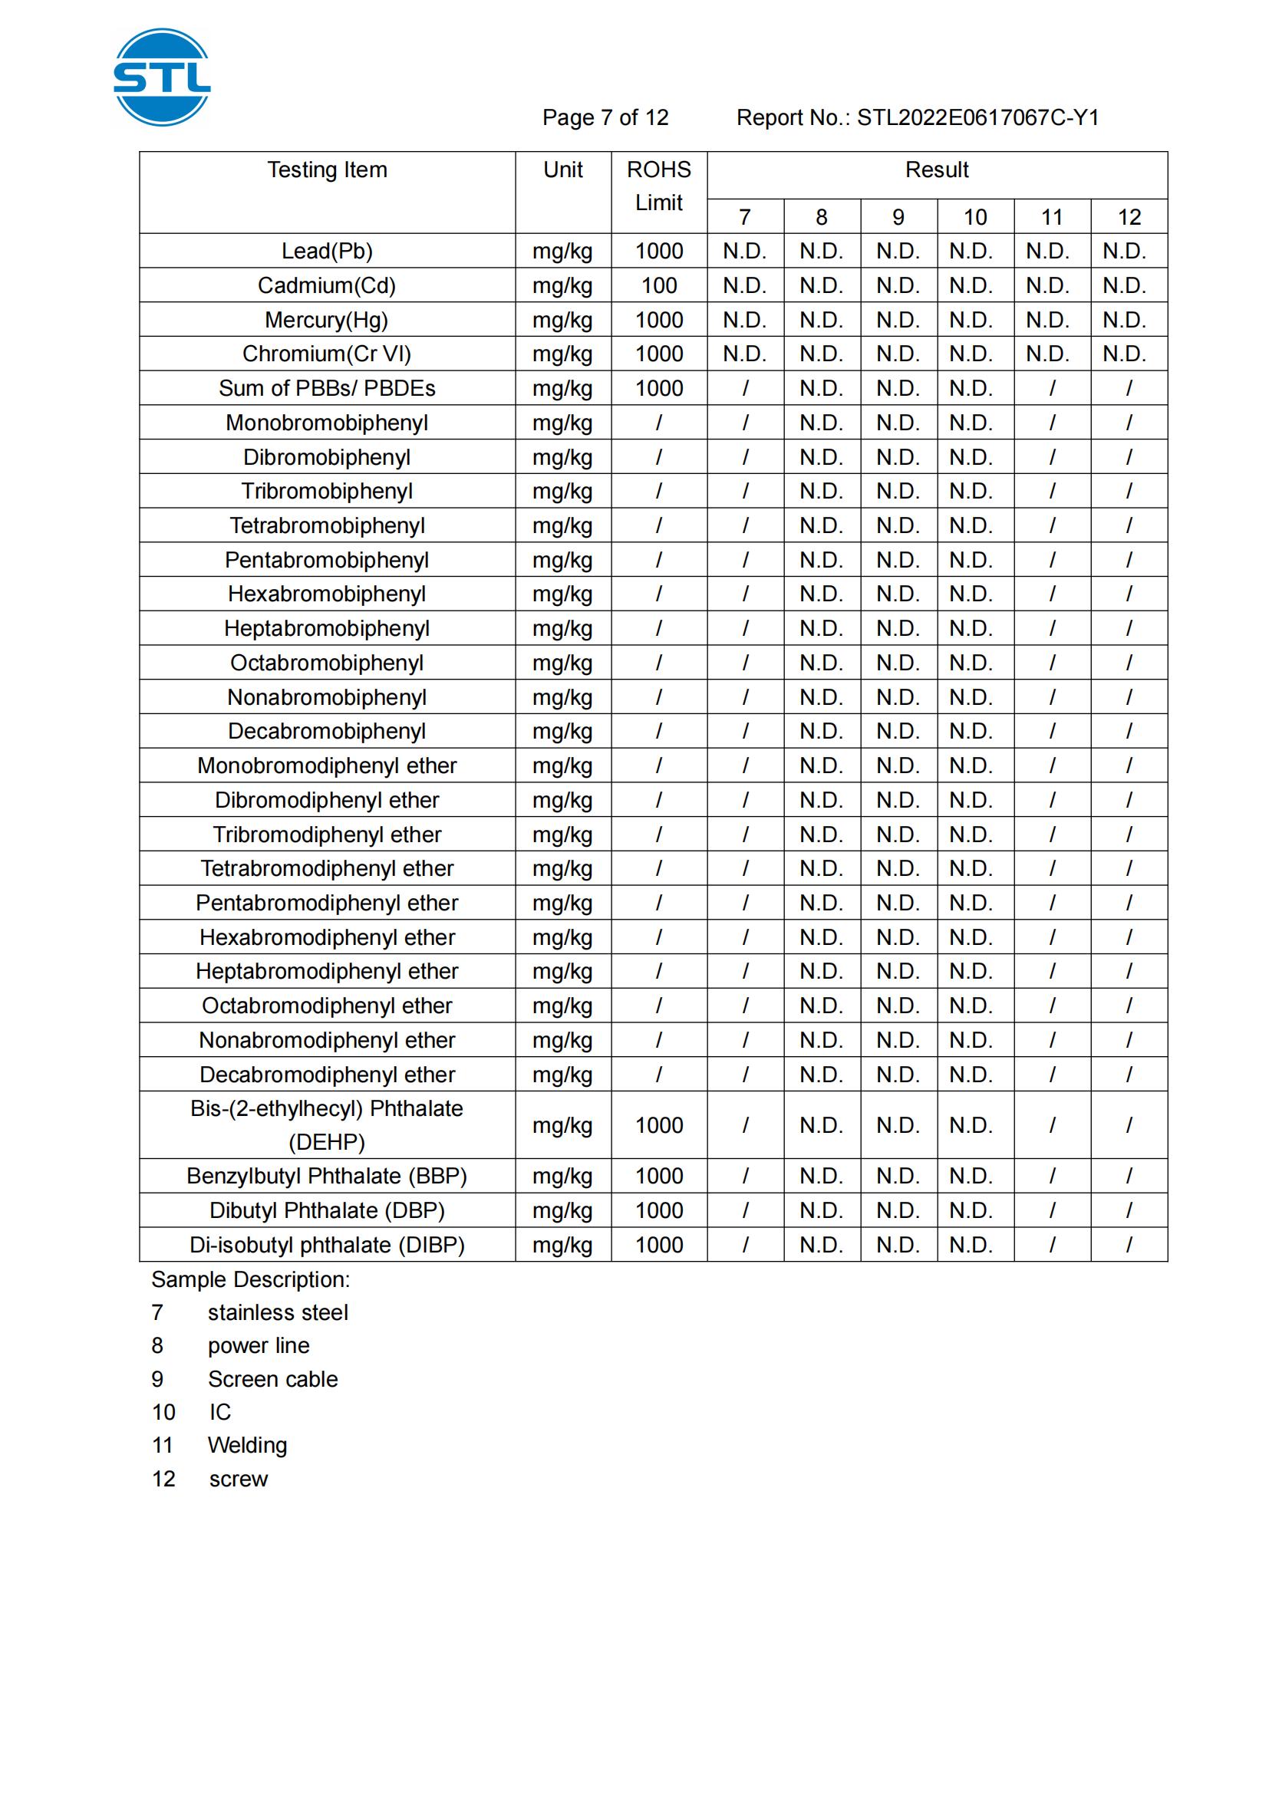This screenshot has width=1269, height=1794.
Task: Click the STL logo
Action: [162, 77]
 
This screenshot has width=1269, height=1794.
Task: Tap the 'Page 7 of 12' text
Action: [605, 117]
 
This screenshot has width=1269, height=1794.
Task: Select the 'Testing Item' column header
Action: [327, 170]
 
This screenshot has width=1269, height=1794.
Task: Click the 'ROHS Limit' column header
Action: [659, 186]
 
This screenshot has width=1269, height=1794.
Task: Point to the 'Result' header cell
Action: [936, 170]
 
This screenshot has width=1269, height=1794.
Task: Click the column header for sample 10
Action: [974, 217]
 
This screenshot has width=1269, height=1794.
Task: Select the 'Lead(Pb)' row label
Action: [327, 251]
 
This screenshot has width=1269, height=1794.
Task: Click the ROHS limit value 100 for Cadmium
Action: [659, 285]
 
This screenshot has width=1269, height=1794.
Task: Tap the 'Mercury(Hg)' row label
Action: [327, 320]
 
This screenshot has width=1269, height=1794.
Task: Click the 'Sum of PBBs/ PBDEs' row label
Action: [327, 388]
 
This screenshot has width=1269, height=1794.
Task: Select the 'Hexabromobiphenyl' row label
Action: [327, 594]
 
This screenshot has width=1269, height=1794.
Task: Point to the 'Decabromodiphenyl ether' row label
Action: [327, 1075]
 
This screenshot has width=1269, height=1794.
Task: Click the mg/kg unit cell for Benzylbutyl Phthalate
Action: [562, 1176]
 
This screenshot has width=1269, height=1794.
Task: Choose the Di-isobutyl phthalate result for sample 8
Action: [820, 1245]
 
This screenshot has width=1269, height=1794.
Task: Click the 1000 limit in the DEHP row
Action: [659, 1125]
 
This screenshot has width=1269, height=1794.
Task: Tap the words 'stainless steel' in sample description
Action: [278, 1312]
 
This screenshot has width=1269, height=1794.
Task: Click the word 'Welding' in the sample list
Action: [247, 1446]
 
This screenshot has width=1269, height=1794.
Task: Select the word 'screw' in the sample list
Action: [239, 1479]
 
